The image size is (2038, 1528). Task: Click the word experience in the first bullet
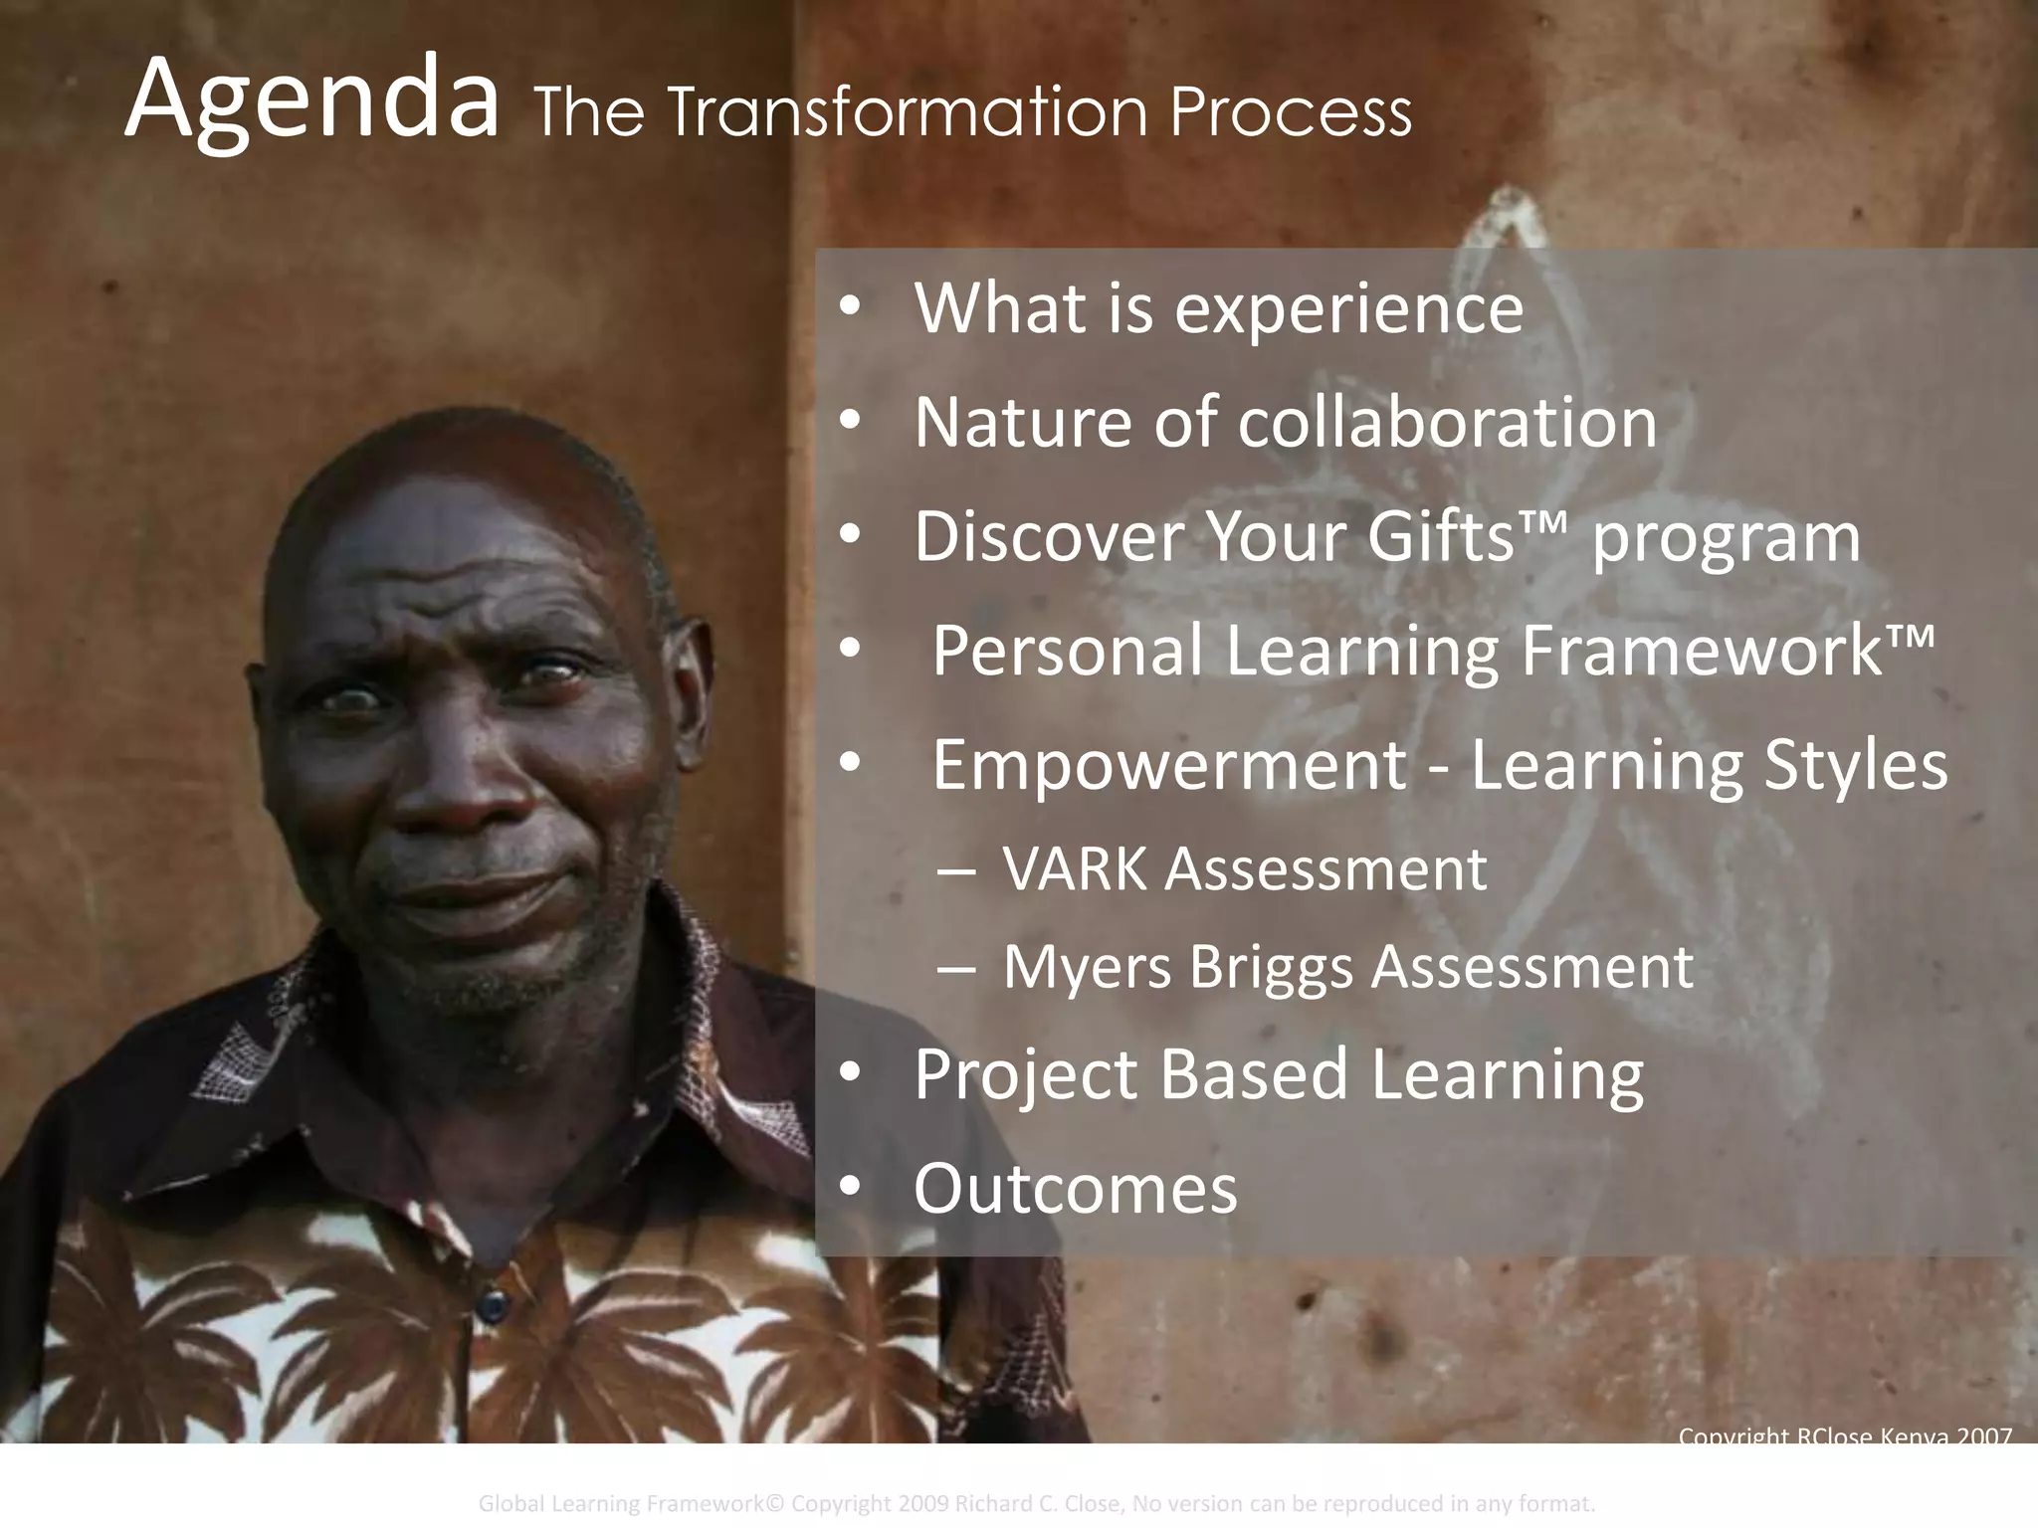[1348, 309]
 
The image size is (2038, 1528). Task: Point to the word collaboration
[1448, 423]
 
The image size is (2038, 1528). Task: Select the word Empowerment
[1169, 765]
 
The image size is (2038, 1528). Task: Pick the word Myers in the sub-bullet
[1088, 967]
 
